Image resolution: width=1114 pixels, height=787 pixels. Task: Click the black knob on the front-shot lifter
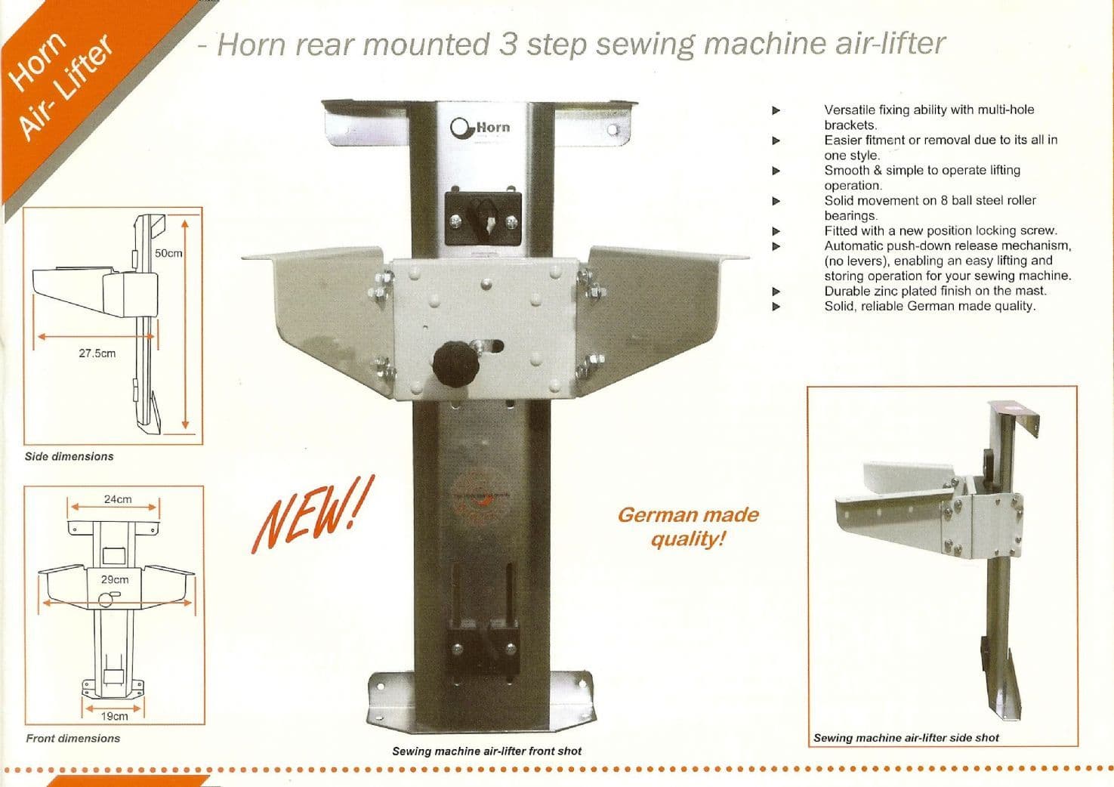coord(452,362)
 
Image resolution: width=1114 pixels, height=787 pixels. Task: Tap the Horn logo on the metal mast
coord(480,127)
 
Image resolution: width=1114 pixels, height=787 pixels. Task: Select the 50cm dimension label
coord(168,253)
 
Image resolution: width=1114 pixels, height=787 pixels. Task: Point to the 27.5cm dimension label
coord(97,353)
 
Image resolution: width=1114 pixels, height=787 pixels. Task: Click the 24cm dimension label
coord(118,499)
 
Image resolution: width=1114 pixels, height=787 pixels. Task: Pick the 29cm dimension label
coord(115,579)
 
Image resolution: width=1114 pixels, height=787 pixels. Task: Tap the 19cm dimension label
coord(114,715)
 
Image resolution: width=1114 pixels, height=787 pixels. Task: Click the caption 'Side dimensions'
coord(69,456)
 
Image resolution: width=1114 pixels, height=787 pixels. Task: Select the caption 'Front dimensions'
coord(73,738)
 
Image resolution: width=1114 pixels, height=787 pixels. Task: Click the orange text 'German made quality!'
coord(687,526)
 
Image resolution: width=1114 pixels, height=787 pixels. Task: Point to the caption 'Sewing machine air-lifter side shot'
coord(906,737)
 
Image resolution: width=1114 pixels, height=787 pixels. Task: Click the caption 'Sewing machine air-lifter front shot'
coord(486,751)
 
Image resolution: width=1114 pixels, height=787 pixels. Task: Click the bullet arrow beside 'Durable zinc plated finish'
coord(775,292)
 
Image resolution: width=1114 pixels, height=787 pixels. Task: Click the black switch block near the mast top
coord(483,218)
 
